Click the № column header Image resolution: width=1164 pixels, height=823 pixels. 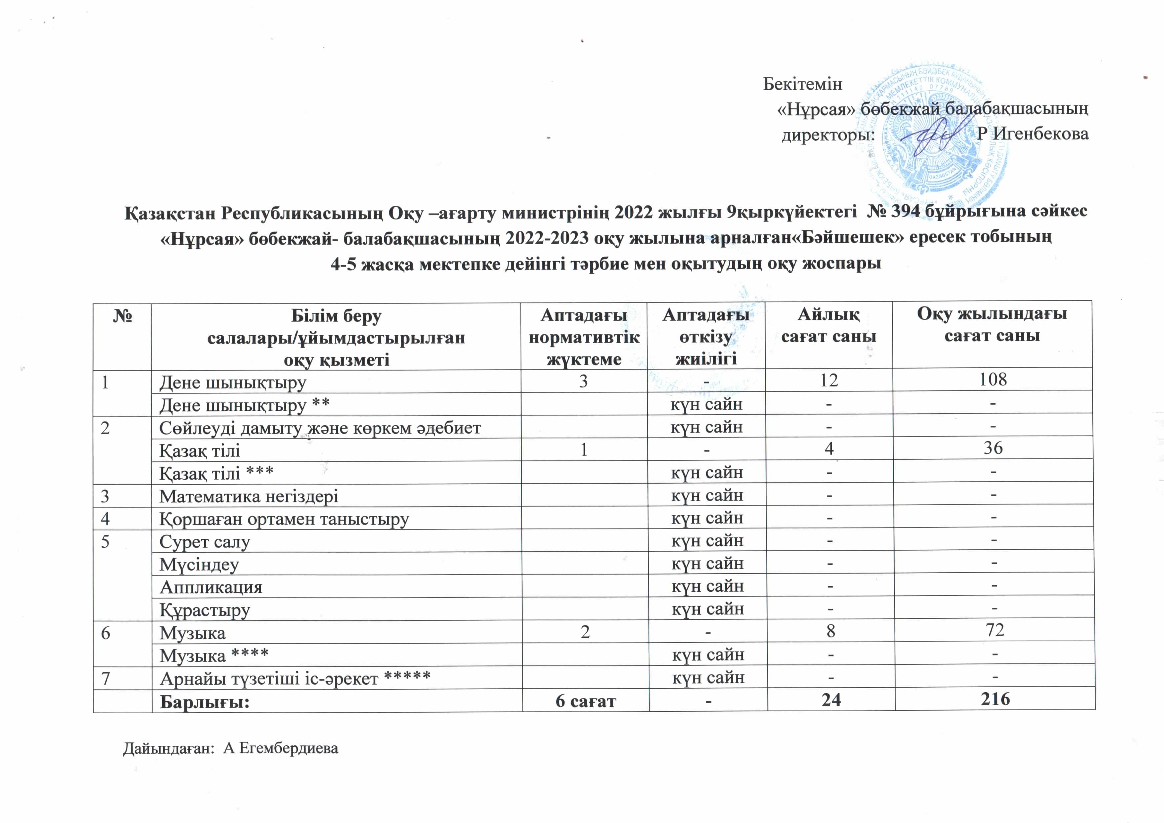pyautogui.click(x=122, y=316)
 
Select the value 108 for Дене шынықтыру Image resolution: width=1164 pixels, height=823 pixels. pyautogui.click(x=993, y=379)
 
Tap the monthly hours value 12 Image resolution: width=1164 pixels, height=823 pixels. pyautogui.click(x=829, y=380)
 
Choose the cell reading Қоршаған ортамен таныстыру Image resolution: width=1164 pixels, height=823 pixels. pyautogui.click(x=284, y=519)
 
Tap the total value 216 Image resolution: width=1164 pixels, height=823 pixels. pyautogui.click(x=995, y=699)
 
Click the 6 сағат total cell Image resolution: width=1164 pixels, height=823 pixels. pyautogui.click(x=586, y=701)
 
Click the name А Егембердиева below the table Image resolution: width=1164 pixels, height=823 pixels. pyautogui.click(x=280, y=748)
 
